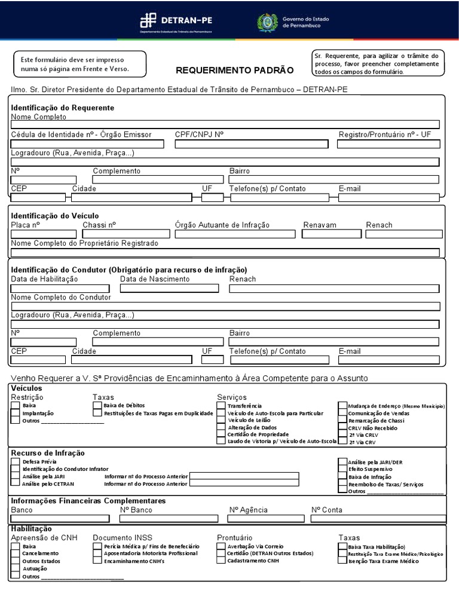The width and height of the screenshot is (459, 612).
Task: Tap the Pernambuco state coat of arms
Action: tap(267, 23)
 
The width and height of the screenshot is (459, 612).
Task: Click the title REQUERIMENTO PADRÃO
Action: tap(234, 71)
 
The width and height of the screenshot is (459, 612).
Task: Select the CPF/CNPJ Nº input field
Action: tap(251, 144)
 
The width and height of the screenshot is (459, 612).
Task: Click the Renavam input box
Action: tap(328, 234)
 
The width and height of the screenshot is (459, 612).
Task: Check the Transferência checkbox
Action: tap(221, 406)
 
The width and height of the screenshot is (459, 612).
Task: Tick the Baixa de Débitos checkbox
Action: tap(97, 406)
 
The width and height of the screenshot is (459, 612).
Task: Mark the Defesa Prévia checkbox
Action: tap(16, 462)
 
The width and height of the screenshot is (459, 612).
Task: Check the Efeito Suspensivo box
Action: tap(342, 470)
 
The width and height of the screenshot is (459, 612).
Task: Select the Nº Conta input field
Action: tap(378, 519)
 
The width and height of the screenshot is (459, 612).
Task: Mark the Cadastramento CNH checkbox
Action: tap(221, 561)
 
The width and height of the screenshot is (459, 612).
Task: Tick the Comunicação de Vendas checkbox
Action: tap(342, 413)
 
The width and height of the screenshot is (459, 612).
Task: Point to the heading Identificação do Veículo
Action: tap(55, 215)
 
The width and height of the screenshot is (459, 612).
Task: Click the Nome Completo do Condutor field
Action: tap(225, 306)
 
